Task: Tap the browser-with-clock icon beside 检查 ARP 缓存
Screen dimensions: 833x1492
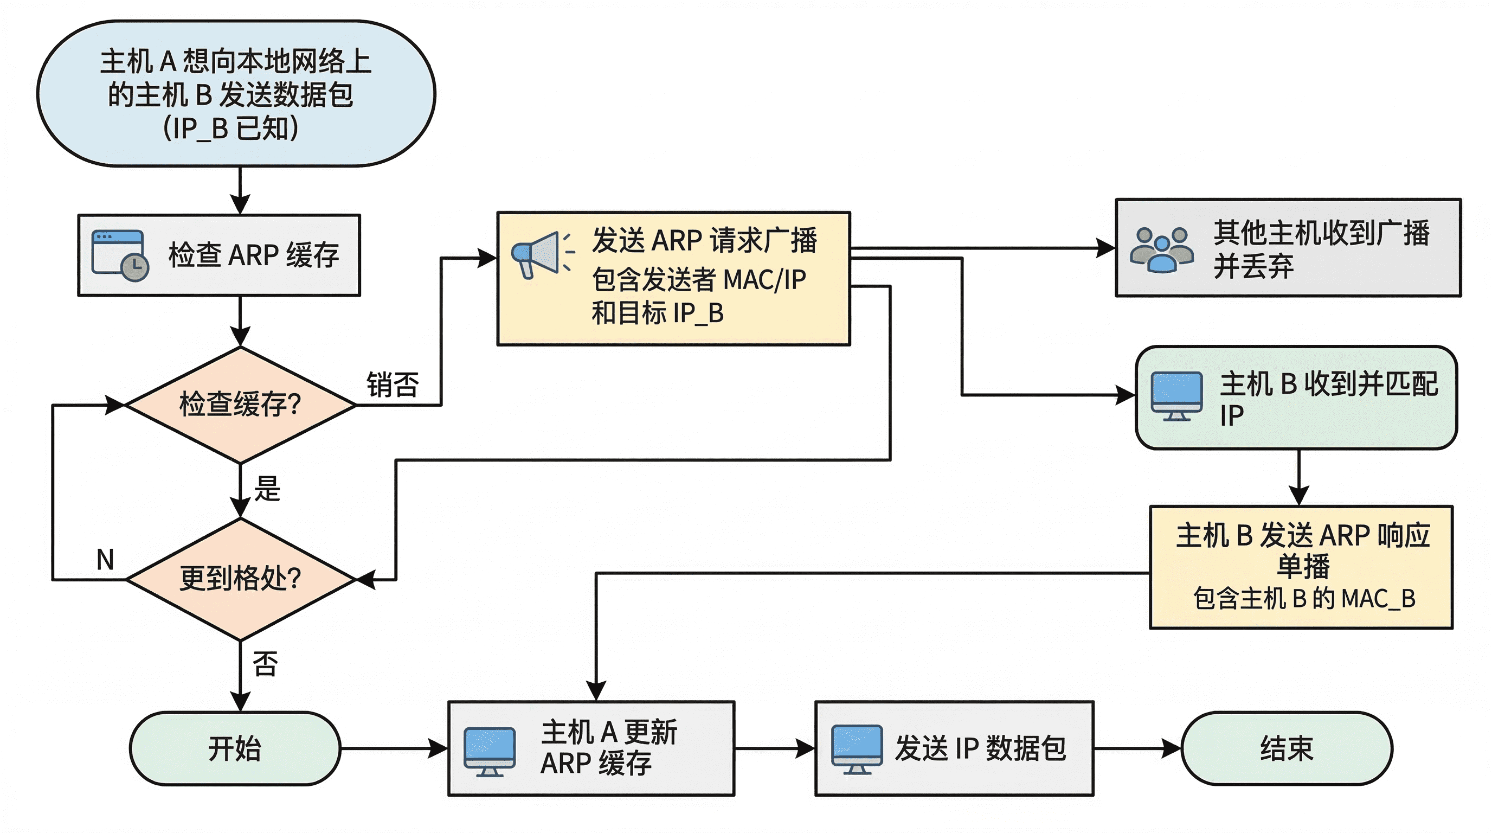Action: pyautogui.click(x=120, y=255)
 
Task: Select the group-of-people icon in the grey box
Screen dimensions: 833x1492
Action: pyautogui.click(x=1161, y=249)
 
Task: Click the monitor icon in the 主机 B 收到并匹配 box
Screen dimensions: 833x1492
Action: pyautogui.click(x=1176, y=396)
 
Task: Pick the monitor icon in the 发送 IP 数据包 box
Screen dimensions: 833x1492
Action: pyautogui.click(x=857, y=749)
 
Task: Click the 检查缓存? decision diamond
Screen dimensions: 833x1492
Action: pyautogui.click(x=240, y=405)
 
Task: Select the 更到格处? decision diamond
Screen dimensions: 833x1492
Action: pyautogui.click(x=240, y=579)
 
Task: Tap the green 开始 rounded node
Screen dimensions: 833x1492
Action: pyautogui.click(x=235, y=748)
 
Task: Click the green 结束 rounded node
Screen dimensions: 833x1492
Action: pyautogui.click(x=1286, y=748)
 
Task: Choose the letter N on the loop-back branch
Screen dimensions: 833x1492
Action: pyautogui.click(x=105, y=560)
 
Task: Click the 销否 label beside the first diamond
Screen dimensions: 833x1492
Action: pyautogui.click(x=392, y=385)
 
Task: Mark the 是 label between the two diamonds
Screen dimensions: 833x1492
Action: pyautogui.click(x=267, y=488)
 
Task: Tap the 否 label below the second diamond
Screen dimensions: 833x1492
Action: pyautogui.click(x=265, y=664)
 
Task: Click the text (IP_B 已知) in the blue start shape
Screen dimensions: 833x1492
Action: pyautogui.click(x=230, y=129)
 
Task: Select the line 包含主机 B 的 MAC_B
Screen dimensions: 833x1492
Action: pyautogui.click(x=1304, y=598)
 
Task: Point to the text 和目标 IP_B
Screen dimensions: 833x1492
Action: pyautogui.click(x=658, y=313)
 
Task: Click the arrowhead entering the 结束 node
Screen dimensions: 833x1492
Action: pyautogui.click(x=1172, y=748)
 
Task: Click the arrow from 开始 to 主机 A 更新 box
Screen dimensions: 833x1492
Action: pyautogui.click(x=394, y=748)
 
